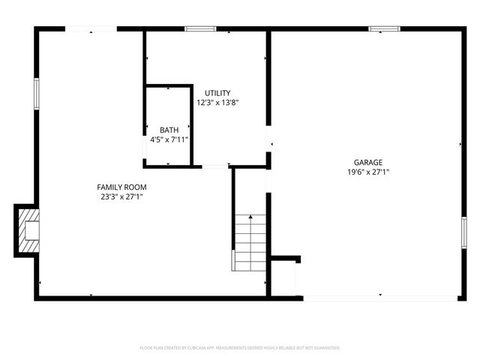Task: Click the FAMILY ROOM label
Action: click(121, 187)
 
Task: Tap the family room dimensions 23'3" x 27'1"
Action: click(121, 196)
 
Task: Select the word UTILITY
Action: click(218, 93)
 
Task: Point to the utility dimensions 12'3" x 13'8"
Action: click(218, 103)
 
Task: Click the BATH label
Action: click(169, 130)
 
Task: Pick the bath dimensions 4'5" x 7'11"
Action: click(169, 139)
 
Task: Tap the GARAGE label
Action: click(368, 162)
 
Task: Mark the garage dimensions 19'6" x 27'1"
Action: click(368, 172)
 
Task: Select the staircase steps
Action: click(250, 242)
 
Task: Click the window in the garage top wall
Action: click(384, 29)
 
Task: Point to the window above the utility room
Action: click(200, 29)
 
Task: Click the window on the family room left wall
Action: click(35, 94)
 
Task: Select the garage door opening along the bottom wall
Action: click(380, 298)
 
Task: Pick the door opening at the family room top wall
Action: click(91, 29)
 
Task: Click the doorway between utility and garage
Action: click(268, 139)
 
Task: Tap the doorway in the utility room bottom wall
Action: click(215, 166)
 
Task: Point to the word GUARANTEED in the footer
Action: click(325, 348)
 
